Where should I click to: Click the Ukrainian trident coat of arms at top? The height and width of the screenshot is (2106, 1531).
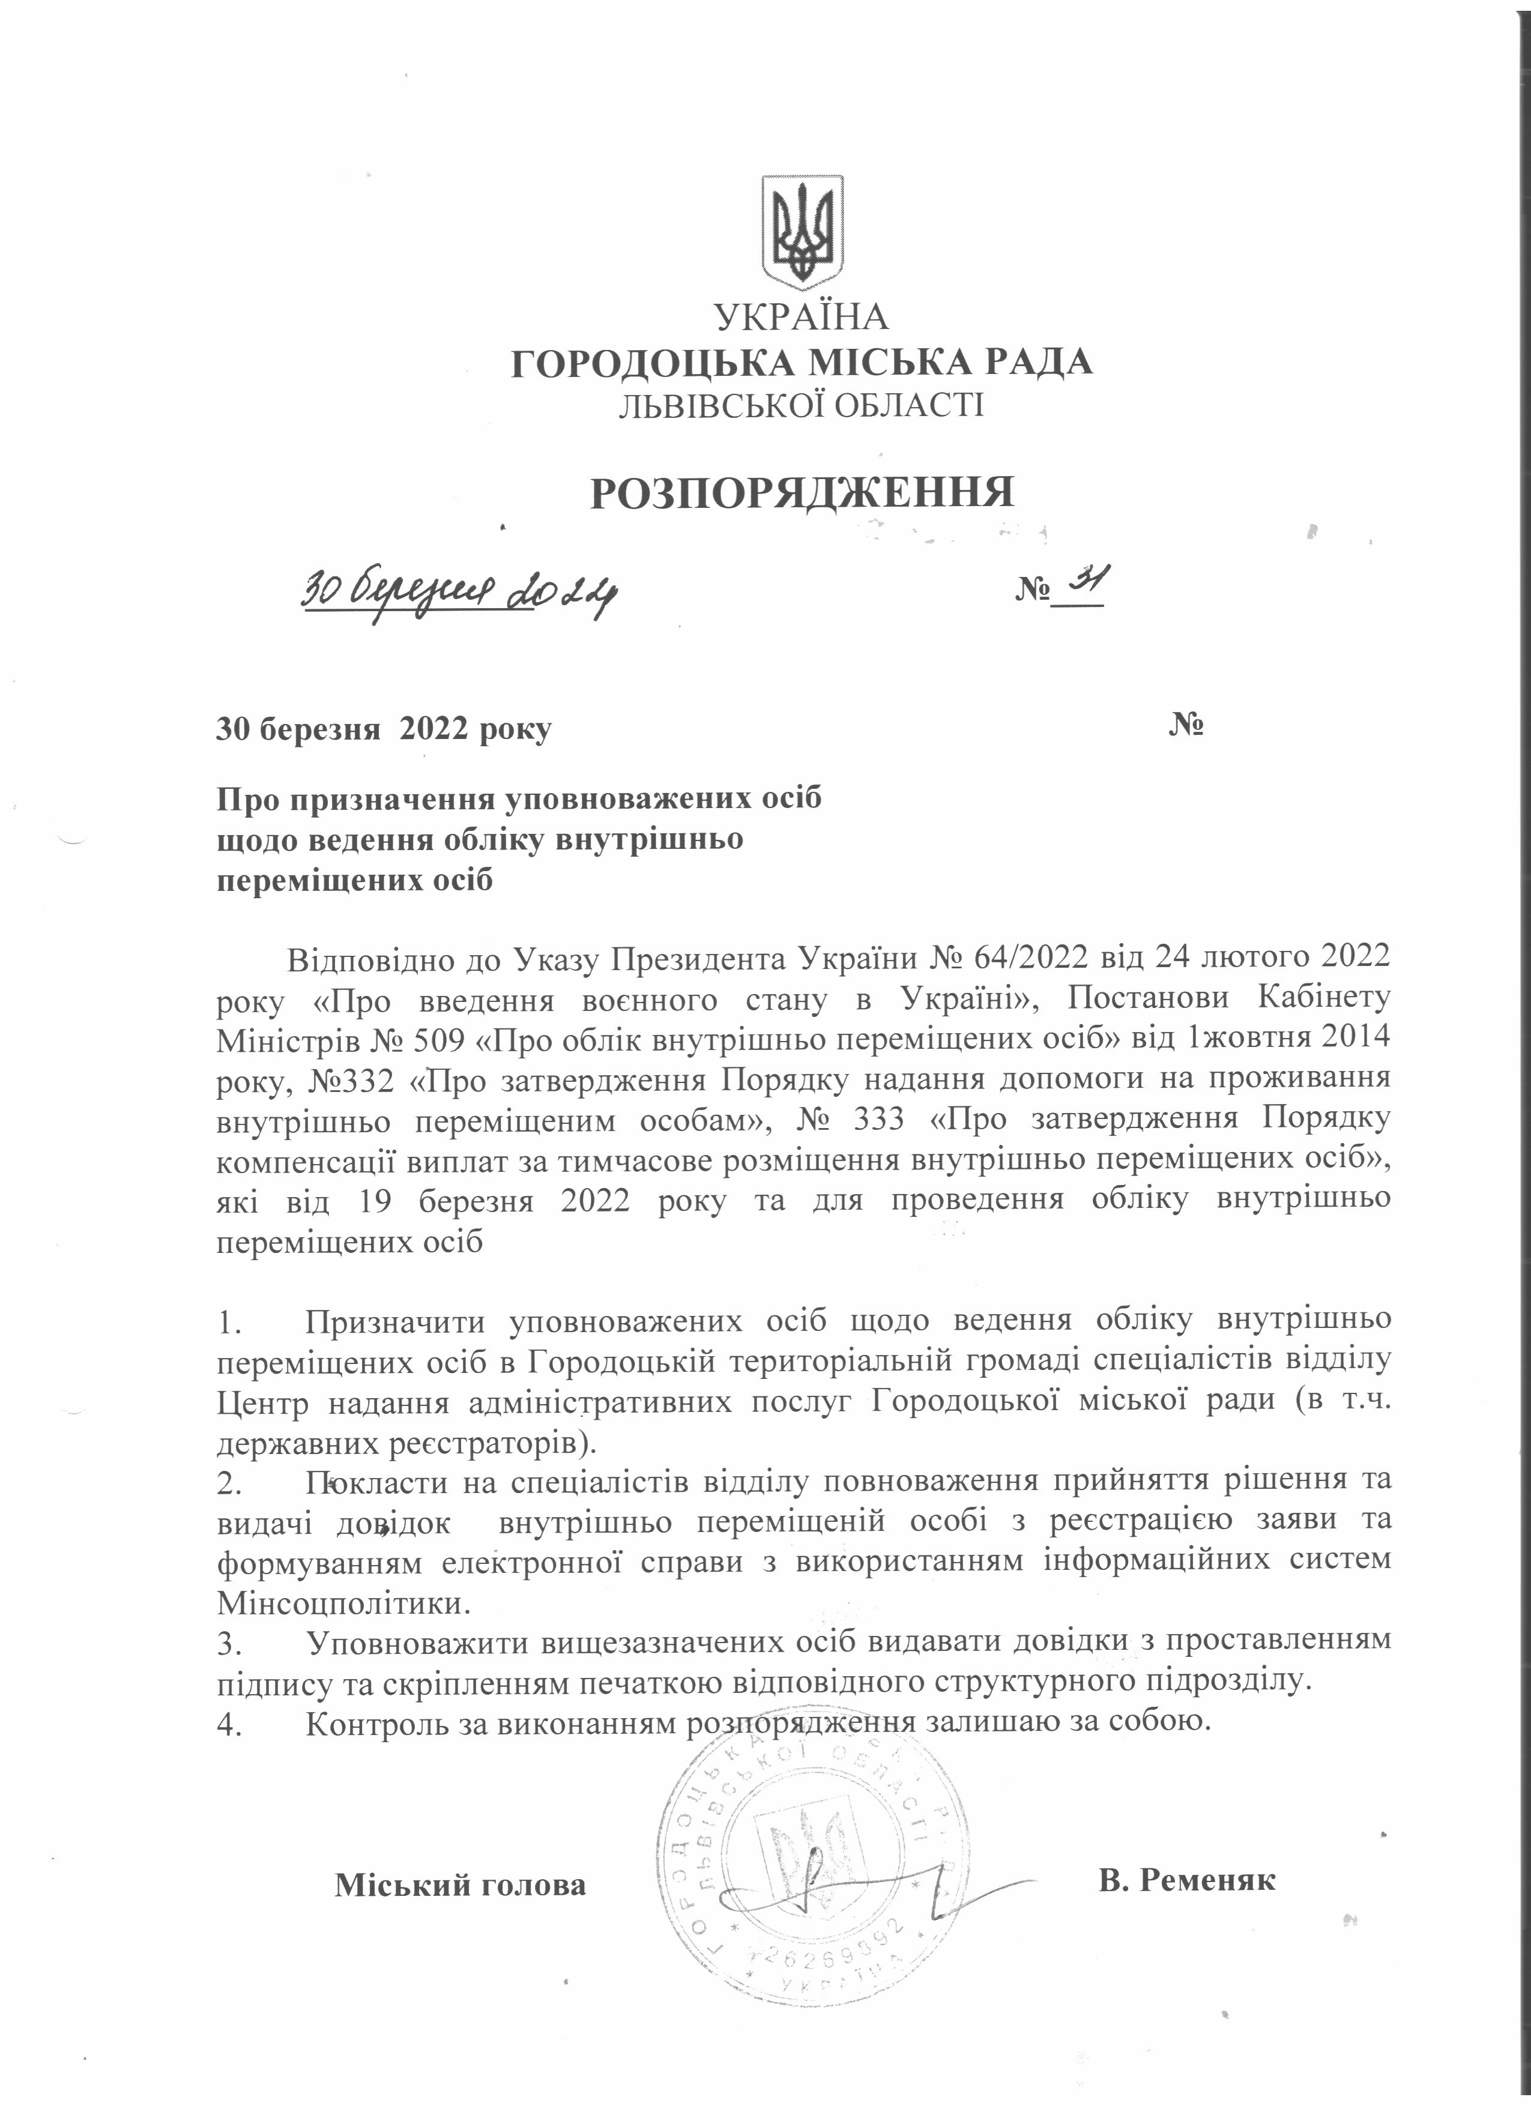coord(802,231)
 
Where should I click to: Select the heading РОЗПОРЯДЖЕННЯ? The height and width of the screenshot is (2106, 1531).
coord(802,493)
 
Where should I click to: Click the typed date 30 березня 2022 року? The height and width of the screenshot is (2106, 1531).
coord(384,729)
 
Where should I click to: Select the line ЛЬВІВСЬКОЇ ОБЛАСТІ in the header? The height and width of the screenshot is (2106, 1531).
coord(802,406)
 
